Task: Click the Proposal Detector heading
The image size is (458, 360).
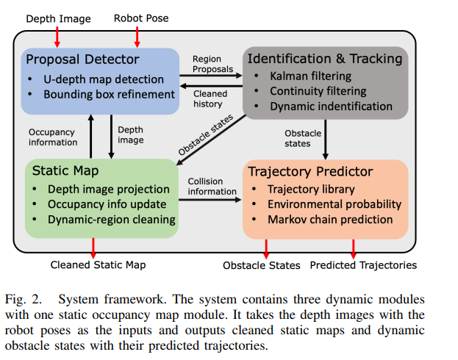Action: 82,59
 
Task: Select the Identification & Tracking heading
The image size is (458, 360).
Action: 324,58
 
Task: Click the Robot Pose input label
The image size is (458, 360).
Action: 141,18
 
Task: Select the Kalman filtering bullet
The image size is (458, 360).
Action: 310,76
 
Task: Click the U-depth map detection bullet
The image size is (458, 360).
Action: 103,79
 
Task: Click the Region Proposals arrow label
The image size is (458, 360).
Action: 212,65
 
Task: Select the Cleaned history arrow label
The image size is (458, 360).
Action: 212,99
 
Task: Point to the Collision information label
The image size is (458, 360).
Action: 212,187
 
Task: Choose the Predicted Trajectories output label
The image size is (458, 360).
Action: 362,264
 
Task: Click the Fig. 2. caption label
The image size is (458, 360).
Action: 31,299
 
